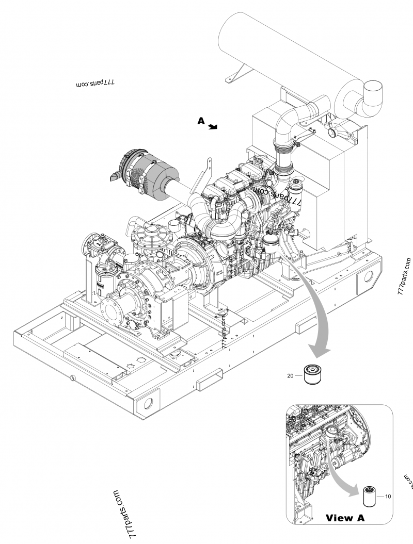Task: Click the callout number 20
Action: pyautogui.click(x=290, y=376)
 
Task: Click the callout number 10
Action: pyautogui.click(x=388, y=496)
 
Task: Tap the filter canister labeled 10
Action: pyautogui.click(x=370, y=496)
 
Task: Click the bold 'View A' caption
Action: pyautogui.click(x=345, y=518)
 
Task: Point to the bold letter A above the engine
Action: pyautogui.click(x=202, y=121)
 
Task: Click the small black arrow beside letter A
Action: pyautogui.click(x=213, y=126)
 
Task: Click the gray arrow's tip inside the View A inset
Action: pyautogui.click(x=357, y=492)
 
